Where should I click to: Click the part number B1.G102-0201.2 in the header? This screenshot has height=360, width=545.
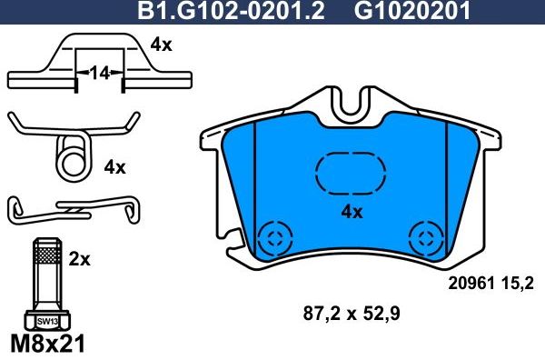point(233,12)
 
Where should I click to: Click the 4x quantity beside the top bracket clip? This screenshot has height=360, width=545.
point(161,44)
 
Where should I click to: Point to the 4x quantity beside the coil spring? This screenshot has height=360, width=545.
point(114,166)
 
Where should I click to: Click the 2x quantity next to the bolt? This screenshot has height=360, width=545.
point(80,259)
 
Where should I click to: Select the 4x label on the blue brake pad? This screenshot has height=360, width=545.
point(351,212)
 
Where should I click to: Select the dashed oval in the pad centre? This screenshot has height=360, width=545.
point(350,173)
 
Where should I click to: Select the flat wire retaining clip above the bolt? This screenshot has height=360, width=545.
point(73,210)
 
